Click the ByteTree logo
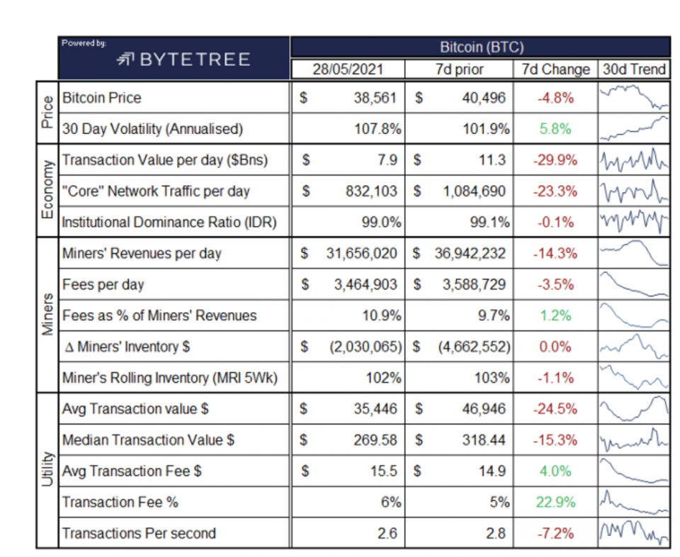point(183,60)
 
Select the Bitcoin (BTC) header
point(481,47)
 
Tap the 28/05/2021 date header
point(348,69)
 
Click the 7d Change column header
point(555,69)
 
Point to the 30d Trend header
point(634,69)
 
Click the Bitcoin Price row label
point(102,98)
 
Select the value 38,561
point(375,98)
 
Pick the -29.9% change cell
point(555,160)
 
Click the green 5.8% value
point(555,129)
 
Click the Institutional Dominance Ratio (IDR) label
point(169,223)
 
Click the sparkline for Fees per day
point(634,285)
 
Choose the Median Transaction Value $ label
point(149,440)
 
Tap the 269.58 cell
point(375,440)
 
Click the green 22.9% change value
point(555,502)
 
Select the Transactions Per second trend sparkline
point(634,533)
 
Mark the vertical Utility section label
point(47,471)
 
